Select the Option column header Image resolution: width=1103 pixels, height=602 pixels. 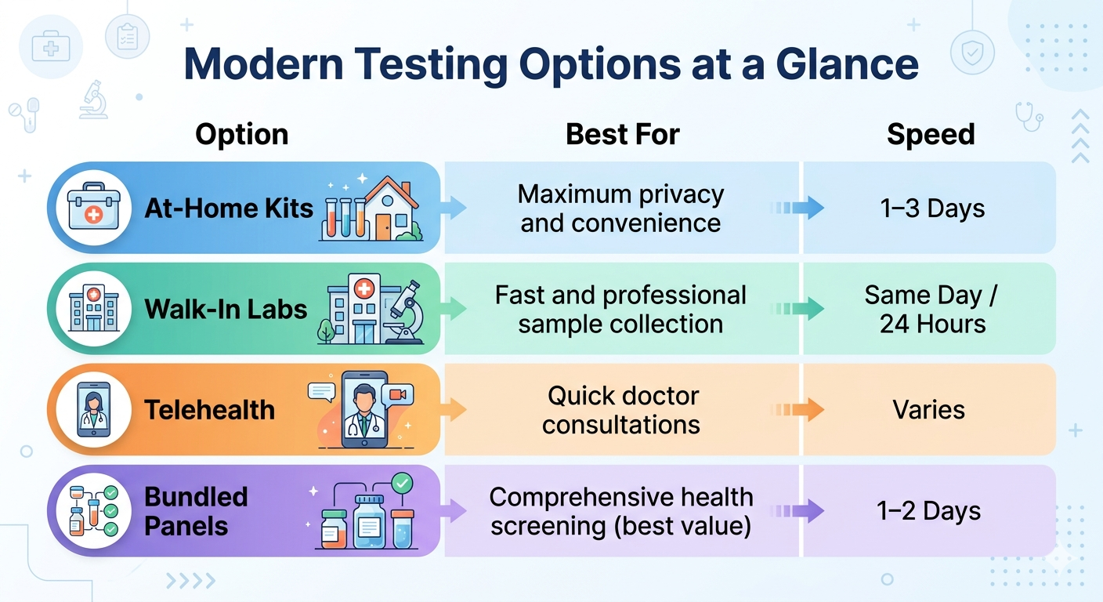(241, 135)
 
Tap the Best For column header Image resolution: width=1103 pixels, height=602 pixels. (622, 135)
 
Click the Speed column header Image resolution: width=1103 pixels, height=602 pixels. (931, 135)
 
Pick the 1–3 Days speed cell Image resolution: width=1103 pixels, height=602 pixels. (931, 209)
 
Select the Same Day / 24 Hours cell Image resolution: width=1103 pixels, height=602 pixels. (931, 309)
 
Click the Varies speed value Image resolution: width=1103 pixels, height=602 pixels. (929, 409)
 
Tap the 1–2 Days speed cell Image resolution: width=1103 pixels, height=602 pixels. (929, 511)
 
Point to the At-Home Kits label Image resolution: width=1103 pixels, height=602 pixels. (229, 209)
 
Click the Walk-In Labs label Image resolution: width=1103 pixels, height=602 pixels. (226, 309)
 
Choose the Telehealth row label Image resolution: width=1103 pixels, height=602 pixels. (210, 409)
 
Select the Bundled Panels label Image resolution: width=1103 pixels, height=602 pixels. (186, 511)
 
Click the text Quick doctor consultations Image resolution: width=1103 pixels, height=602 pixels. (622, 409)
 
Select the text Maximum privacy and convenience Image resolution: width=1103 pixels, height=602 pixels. (620, 209)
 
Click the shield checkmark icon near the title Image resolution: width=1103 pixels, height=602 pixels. (971, 53)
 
